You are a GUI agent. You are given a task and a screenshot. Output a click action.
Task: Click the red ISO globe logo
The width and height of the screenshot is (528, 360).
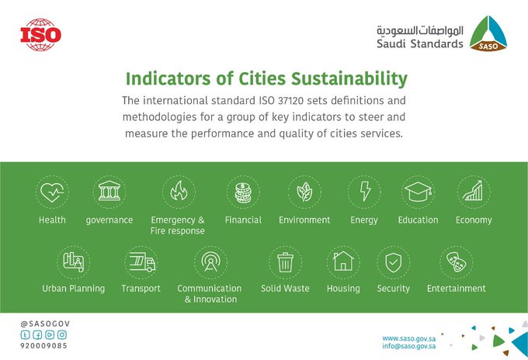pos(40,35)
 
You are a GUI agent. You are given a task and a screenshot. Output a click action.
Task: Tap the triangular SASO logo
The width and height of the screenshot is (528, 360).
pos(488,33)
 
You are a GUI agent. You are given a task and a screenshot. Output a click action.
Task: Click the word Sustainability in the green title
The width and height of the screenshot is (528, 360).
pos(349,78)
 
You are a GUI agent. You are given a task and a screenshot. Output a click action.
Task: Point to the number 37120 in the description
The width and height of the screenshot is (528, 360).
pos(290,101)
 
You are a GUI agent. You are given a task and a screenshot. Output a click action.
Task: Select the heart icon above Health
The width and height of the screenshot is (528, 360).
pos(52,192)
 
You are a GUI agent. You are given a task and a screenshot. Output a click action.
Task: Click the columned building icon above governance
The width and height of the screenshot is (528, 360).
pos(109,191)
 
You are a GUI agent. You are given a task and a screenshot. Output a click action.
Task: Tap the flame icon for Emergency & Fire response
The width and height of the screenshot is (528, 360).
pos(179,191)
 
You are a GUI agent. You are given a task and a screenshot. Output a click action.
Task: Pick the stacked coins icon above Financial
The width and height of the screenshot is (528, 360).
pos(243,192)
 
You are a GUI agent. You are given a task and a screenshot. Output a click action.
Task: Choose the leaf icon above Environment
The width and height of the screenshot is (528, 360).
pos(304,192)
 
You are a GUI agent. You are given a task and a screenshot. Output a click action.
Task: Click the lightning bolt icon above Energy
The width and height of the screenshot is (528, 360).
pos(365,191)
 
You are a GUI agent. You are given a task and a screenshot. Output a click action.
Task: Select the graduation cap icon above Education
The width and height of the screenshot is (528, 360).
pos(418,192)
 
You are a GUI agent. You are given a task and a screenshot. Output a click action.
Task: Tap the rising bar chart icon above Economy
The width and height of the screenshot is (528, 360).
pos(473,191)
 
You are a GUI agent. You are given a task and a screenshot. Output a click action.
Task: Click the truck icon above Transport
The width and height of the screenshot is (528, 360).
pos(142,262)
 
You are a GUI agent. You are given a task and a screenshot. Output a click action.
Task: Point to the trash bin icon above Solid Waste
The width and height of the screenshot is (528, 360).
pos(285,262)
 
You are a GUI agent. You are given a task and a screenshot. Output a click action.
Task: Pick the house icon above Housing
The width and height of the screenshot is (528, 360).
pos(343,261)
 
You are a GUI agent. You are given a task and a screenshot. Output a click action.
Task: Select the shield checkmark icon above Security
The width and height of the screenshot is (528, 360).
pos(394,262)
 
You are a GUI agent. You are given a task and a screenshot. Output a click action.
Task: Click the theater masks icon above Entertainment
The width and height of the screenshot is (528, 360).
pos(457,262)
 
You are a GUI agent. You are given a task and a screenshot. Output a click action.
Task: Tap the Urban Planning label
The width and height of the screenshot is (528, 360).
pos(74,289)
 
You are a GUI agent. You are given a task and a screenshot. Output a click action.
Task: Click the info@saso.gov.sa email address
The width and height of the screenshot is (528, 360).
pos(408,346)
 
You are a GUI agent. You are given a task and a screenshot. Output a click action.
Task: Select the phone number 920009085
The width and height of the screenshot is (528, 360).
pos(43,345)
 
